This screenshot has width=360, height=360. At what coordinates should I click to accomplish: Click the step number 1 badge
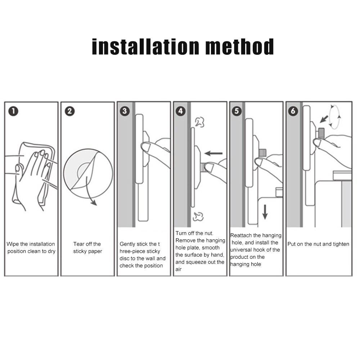tap(13, 111)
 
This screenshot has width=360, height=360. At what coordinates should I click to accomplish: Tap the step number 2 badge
tap(69, 111)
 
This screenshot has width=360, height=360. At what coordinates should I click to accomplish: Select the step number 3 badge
tap(125, 111)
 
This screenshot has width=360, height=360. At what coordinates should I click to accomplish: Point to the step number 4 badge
tap(180, 111)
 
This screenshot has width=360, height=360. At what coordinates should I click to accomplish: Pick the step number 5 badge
tap(237, 111)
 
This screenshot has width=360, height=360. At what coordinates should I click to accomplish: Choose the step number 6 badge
tap(293, 111)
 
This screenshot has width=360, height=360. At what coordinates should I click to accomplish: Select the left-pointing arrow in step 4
tap(213, 153)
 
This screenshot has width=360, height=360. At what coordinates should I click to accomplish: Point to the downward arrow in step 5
tap(265, 212)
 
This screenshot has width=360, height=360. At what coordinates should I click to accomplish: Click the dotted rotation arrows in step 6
tap(334, 116)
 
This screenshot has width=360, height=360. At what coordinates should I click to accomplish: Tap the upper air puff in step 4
tap(199, 122)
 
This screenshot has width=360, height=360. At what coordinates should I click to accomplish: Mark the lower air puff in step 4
tap(198, 216)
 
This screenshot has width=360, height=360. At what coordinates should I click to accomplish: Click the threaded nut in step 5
tap(262, 152)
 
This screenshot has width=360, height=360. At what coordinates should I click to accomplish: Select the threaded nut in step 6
tap(321, 133)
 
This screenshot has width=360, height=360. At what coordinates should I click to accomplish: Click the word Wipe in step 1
tap(13, 244)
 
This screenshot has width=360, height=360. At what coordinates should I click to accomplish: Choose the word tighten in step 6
tap(341, 244)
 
